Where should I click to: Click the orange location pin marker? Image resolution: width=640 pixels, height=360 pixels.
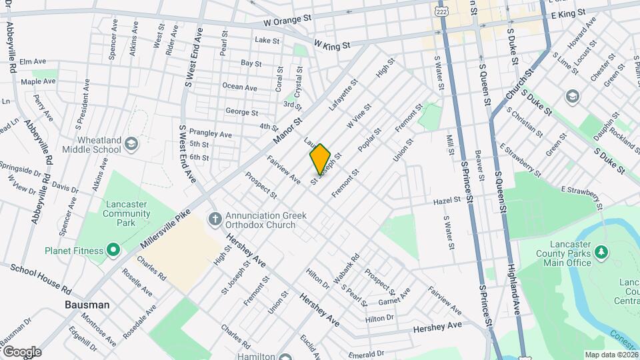(x=320, y=159)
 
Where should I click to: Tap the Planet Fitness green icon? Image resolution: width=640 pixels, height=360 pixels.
(x=113, y=251)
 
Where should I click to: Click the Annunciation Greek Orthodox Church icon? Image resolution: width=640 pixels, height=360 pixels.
(x=215, y=217)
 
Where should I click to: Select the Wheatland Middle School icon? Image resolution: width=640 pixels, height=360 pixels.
(x=131, y=144)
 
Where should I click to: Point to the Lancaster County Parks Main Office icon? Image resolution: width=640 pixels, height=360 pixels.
(x=601, y=251)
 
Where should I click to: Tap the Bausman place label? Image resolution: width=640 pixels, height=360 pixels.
(x=87, y=305)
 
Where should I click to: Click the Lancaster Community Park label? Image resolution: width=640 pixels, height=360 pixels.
(x=127, y=219)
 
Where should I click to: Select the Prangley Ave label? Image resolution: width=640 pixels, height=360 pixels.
(x=210, y=133)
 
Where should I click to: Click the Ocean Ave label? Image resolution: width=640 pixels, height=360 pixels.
(x=239, y=87)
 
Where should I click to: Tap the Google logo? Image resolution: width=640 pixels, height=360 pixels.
(x=21, y=352)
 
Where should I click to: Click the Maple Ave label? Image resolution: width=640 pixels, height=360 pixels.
(x=38, y=81)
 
